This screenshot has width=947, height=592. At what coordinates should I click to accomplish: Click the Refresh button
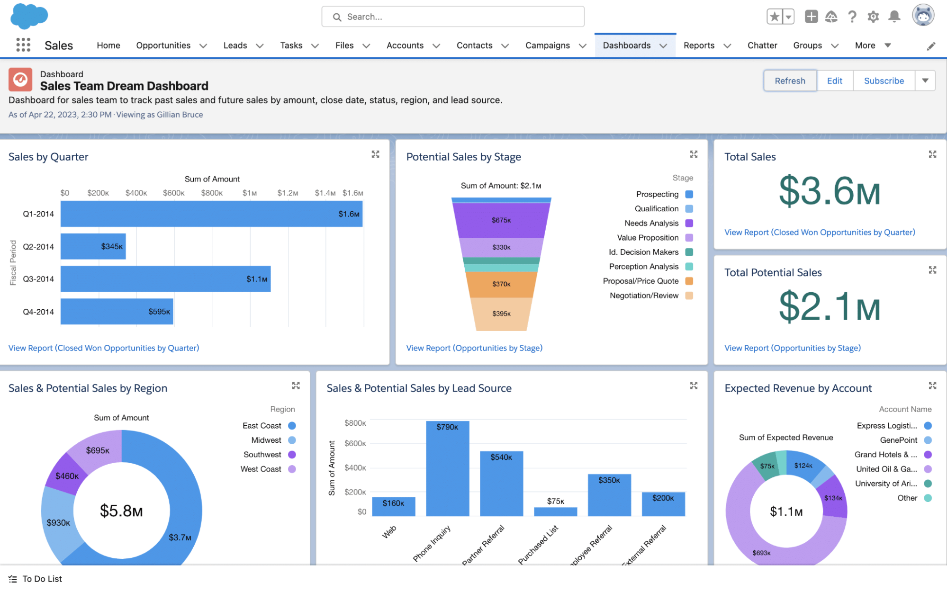790,81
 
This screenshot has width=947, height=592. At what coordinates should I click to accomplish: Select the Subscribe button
884,81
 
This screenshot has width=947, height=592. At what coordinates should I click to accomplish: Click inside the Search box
452,17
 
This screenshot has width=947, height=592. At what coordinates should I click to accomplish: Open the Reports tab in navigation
699,45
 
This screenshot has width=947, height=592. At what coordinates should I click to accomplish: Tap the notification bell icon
894,17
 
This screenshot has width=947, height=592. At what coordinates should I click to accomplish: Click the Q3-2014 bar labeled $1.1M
165,279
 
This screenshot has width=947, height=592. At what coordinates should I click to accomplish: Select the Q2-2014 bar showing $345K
93,246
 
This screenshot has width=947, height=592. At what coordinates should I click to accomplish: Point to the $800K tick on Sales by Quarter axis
212,193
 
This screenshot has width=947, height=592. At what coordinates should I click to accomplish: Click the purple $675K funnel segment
501,220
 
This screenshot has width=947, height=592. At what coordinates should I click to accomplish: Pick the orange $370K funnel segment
501,284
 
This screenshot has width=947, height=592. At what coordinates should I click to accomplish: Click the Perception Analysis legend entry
644,267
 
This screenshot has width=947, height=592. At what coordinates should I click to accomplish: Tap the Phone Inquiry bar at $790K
447,469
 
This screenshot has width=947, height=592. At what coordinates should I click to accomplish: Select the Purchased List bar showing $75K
555,511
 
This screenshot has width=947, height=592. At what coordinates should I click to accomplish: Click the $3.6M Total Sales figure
830,191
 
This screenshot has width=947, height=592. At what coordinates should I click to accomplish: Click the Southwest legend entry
262,455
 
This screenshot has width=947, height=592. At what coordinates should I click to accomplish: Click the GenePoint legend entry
898,440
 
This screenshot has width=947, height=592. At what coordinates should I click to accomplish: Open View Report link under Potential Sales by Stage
474,348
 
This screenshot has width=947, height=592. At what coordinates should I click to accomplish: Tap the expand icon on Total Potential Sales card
932,270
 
